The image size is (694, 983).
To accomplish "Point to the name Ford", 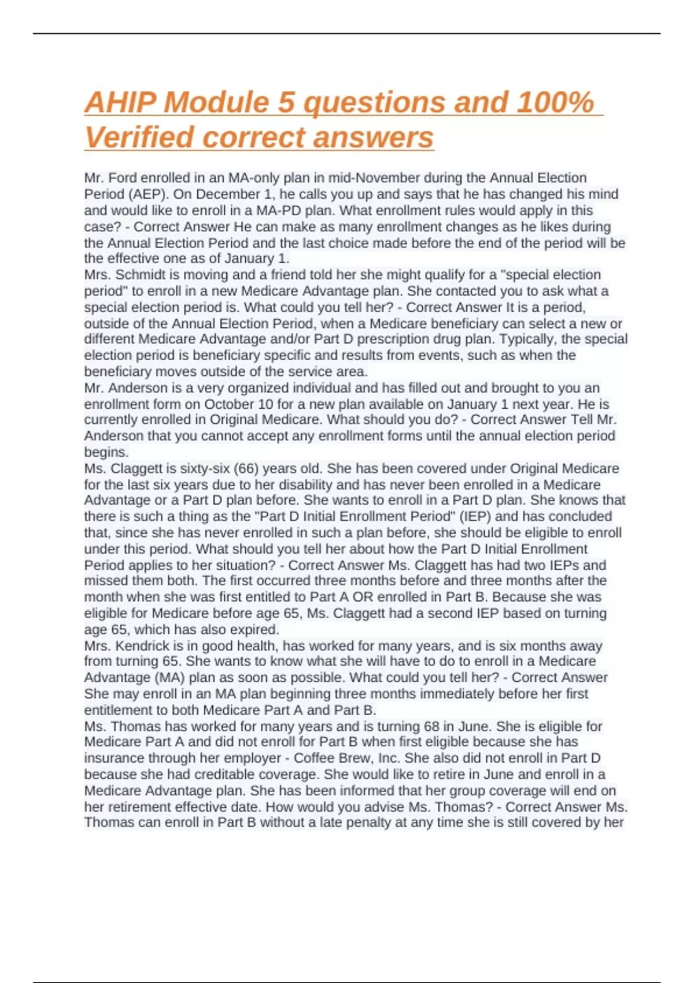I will pos(123,178).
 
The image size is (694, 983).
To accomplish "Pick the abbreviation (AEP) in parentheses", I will pos(146,194).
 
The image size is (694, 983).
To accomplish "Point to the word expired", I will pos(254,630).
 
